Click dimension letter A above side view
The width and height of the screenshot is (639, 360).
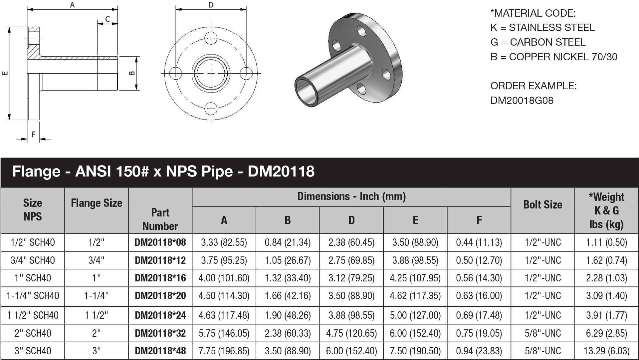(x=72, y=5)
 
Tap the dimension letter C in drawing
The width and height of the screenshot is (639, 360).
(x=107, y=19)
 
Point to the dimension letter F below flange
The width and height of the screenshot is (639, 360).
(x=33, y=135)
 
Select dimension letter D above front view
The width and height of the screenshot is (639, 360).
(x=211, y=5)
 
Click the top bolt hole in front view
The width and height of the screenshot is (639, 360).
(x=211, y=38)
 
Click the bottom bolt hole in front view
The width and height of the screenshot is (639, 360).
(x=211, y=109)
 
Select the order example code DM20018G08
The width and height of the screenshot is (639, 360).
(x=522, y=101)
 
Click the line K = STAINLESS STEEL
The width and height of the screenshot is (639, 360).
(x=542, y=28)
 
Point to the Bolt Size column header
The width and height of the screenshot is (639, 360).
(x=542, y=204)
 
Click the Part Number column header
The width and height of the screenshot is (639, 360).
(x=160, y=219)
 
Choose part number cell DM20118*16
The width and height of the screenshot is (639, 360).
(x=160, y=278)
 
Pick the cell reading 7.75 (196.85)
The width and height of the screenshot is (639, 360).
(x=224, y=351)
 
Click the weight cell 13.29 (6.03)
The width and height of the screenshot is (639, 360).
(x=606, y=351)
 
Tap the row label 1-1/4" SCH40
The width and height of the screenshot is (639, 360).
(x=33, y=296)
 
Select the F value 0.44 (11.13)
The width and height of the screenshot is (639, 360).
(x=479, y=242)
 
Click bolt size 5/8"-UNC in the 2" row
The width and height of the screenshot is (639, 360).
(x=542, y=333)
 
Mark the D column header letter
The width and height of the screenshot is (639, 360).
(x=351, y=220)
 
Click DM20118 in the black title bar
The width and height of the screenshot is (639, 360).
(x=281, y=172)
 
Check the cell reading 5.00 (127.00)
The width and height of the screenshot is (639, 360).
(x=415, y=315)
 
